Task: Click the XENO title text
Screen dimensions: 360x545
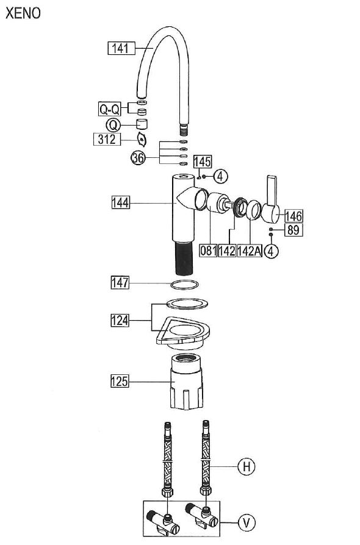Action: point(23,13)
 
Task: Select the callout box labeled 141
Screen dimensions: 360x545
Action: point(121,48)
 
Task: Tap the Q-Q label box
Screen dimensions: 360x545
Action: point(110,110)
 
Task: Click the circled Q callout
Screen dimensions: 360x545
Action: point(113,124)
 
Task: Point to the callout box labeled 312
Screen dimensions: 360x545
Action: point(107,139)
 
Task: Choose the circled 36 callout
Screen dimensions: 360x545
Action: point(138,158)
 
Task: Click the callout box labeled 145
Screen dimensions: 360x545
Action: point(202,162)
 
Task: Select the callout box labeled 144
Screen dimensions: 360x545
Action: point(121,202)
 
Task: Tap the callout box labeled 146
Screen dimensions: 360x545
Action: point(293,216)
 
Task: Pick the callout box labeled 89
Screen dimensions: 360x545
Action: point(293,230)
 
